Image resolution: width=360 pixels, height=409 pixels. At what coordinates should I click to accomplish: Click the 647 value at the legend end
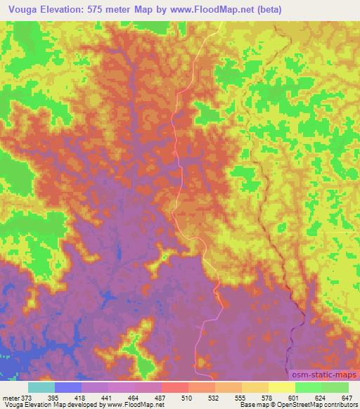point(347,396)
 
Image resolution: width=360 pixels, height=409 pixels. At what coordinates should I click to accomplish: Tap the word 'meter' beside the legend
point(11,396)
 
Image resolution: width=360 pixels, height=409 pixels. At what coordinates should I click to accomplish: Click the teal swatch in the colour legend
point(41,387)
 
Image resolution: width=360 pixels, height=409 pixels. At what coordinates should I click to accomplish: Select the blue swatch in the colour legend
point(68,387)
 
